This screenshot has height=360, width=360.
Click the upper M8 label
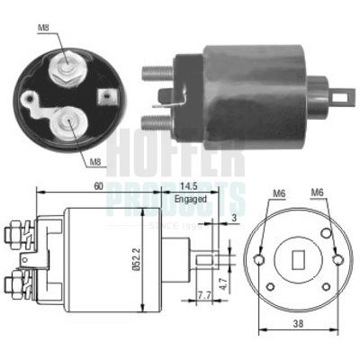click(43, 29)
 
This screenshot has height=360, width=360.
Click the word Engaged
click(192, 198)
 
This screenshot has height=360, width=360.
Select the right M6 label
click(317, 193)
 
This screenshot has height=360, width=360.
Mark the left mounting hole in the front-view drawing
click(260, 260)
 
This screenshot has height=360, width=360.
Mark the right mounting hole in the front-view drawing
click(337, 260)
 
